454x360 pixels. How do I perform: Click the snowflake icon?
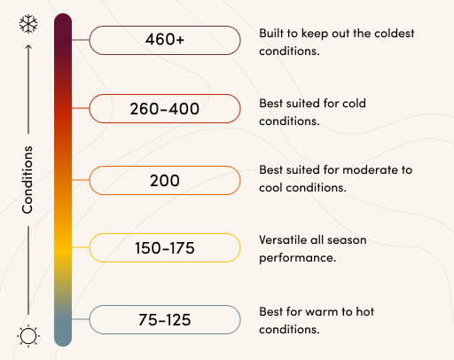[28, 24]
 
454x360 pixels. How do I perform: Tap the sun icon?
[28, 336]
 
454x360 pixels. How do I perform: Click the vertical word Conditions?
[27, 179]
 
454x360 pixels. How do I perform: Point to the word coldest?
[395, 34]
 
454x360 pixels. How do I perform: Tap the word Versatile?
[283, 239]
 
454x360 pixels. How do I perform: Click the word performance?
[297, 258]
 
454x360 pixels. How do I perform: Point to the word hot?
[364, 311]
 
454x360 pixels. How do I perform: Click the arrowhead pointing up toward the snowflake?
[28, 47]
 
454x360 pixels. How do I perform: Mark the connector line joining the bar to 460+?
[81, 40]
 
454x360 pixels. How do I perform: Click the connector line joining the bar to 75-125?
[81, 319]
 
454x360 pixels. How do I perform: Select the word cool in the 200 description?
[270, 188]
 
